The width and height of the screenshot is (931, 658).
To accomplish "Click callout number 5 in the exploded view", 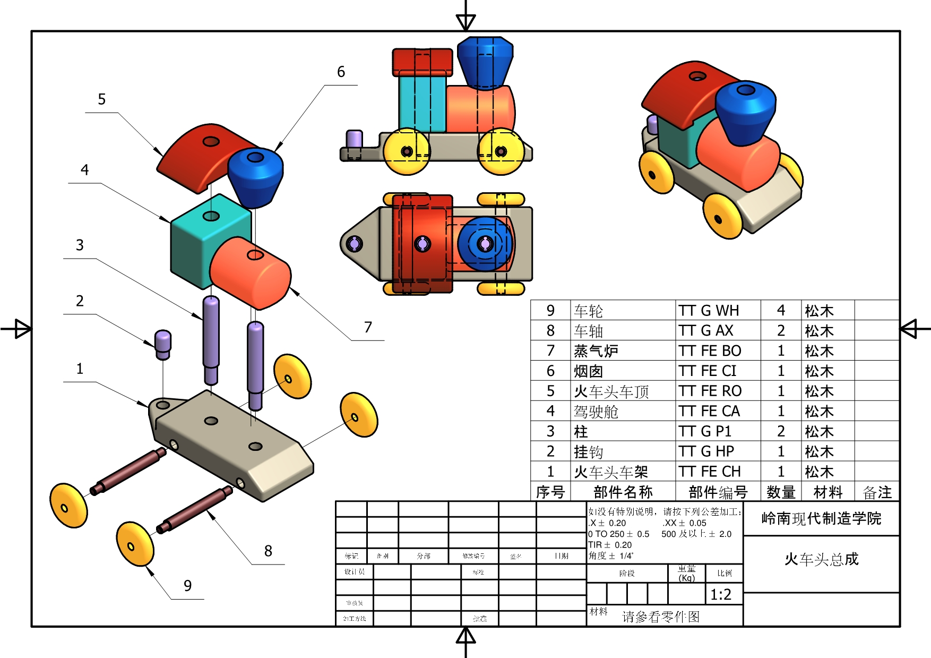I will (102, 99).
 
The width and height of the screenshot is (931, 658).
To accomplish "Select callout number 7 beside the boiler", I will (368, 327).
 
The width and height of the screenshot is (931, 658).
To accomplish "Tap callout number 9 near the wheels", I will (187, 585).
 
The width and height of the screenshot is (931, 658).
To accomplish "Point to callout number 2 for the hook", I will (80, 301).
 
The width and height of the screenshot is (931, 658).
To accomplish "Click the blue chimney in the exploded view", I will (255, 175).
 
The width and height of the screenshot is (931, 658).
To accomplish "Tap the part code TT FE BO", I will (710, 351).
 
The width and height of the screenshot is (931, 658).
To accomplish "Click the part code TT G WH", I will (709, 311).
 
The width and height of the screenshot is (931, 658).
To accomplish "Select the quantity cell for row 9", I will (781, 311).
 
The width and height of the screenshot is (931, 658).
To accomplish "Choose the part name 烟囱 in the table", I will (588, 371).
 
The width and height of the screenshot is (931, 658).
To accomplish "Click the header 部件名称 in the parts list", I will (623, 492).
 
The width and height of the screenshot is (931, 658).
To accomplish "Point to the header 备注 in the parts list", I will (877, 492).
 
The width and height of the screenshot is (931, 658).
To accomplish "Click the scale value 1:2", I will (721, 594).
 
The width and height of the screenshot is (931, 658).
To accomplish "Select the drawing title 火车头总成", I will (821, 559).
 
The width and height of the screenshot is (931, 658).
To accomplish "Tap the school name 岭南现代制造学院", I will (821, 518).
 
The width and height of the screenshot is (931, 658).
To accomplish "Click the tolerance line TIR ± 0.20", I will (610, 545).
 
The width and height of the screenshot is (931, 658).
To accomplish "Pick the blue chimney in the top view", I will (484, 244).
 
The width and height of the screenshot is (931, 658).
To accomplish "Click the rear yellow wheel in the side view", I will (407, 151).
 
